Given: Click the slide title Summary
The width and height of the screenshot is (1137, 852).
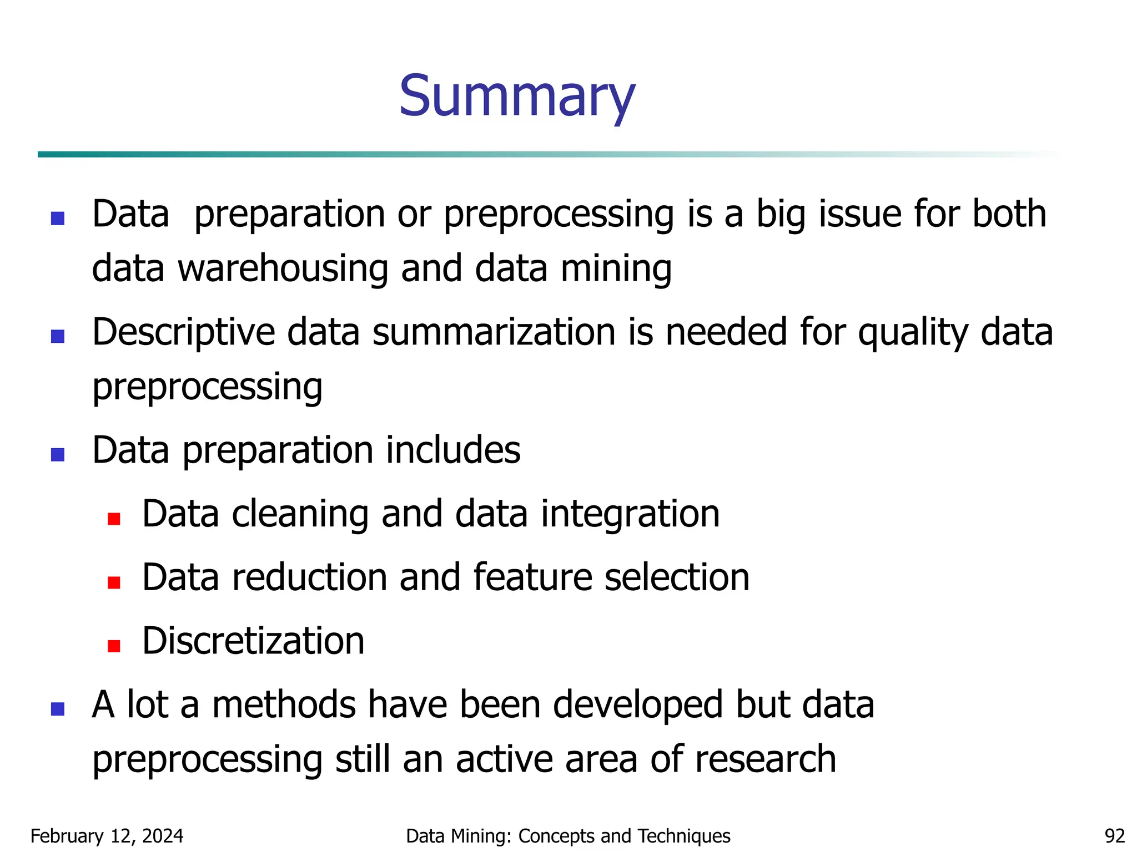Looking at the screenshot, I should pos(517,97).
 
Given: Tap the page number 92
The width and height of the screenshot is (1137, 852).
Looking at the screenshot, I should pos(1114,835).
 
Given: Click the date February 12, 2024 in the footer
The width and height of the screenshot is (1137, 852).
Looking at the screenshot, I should pos(107,835).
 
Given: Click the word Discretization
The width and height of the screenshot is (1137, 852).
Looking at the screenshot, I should pos(253,641).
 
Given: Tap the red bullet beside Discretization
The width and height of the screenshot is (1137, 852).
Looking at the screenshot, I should pos(114,646).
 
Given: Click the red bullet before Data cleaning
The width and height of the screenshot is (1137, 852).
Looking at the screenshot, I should pos(114,519).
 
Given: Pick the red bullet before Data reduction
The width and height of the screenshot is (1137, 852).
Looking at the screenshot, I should pos(114,582).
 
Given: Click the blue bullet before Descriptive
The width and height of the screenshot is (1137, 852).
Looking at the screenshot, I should pos(58,336).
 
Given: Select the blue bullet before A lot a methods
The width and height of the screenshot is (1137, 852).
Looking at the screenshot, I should pos(58,709).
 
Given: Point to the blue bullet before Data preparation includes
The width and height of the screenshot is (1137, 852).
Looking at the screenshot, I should pos(58,455).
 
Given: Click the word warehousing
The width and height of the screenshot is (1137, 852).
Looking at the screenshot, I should pos(283,268).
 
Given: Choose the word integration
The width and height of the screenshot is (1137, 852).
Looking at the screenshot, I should pos(630,514).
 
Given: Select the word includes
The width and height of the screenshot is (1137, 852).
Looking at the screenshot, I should pos(453,450).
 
